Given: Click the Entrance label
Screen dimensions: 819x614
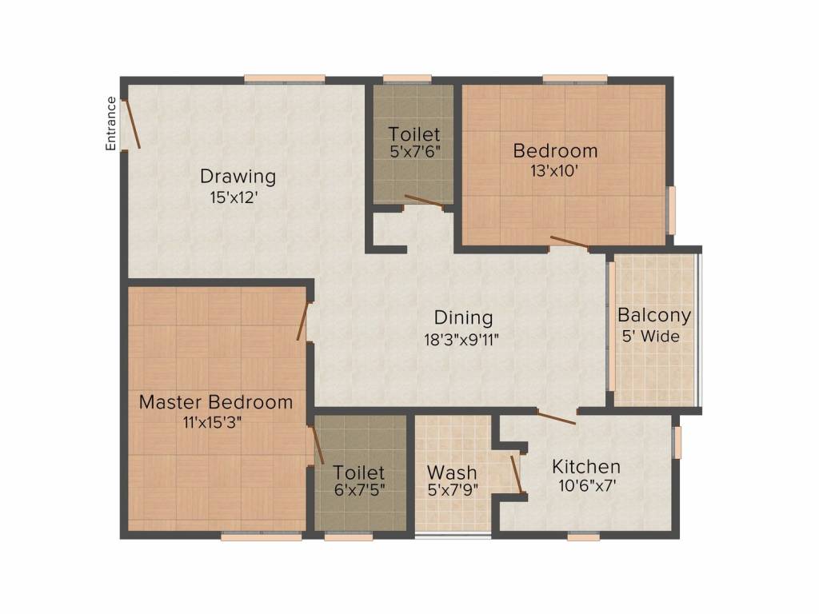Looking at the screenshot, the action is pos(110,124).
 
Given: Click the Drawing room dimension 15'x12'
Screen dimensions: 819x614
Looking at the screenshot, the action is pos(234,197).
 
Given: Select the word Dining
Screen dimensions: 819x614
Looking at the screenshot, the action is pos(463,317).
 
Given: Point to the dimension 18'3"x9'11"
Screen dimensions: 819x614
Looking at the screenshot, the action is pos(461,340).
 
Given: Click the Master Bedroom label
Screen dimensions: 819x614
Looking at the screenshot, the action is pos(216,402).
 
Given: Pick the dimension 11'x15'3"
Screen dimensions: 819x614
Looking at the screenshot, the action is pos(212,422).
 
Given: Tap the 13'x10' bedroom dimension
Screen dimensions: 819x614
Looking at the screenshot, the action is pos(554,171).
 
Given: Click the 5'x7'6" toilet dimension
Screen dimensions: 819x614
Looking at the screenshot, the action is pos(415,152).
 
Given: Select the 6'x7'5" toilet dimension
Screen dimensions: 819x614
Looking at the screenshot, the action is pos(359,490).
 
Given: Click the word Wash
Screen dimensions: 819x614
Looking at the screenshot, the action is pos(452,472).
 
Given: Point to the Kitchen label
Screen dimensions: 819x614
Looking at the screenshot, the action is pos(586,466).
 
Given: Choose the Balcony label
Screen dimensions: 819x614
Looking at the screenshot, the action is pos(654,315).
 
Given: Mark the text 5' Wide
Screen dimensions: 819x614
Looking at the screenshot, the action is pos(651,336).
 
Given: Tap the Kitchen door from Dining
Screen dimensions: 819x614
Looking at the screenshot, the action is pos(557,417).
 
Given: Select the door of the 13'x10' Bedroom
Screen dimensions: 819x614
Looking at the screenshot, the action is pos(569,241).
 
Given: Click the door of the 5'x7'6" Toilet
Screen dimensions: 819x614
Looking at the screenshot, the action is pos(424,201).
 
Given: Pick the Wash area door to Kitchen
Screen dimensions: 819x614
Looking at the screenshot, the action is pos(517,474).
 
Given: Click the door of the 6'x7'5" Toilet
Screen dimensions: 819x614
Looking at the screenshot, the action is pos(317,445).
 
